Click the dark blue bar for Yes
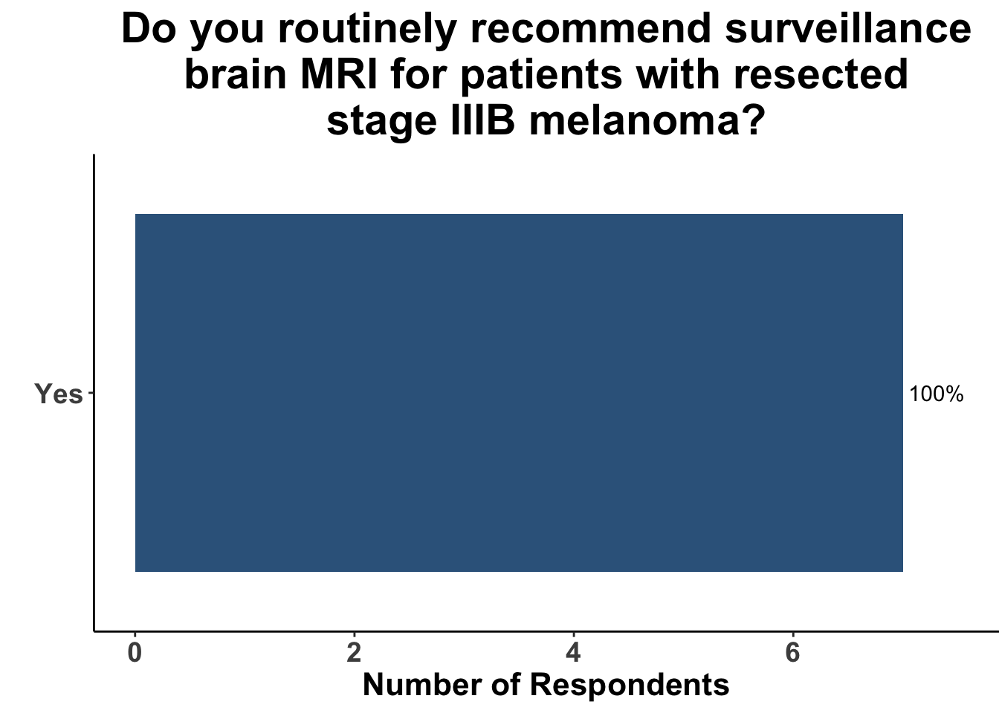(519, 393)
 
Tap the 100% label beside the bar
(936, 394)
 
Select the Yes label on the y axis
(59, 394)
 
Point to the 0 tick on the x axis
(135, 654)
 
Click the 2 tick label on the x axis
(354, 654)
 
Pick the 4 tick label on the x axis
(574, 654)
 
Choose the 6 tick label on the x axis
(792, 654)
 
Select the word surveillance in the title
(848, 29)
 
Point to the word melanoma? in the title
(647, 121)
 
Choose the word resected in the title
(820, 75)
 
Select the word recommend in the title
(591, 29)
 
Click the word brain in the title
(236, 75)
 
